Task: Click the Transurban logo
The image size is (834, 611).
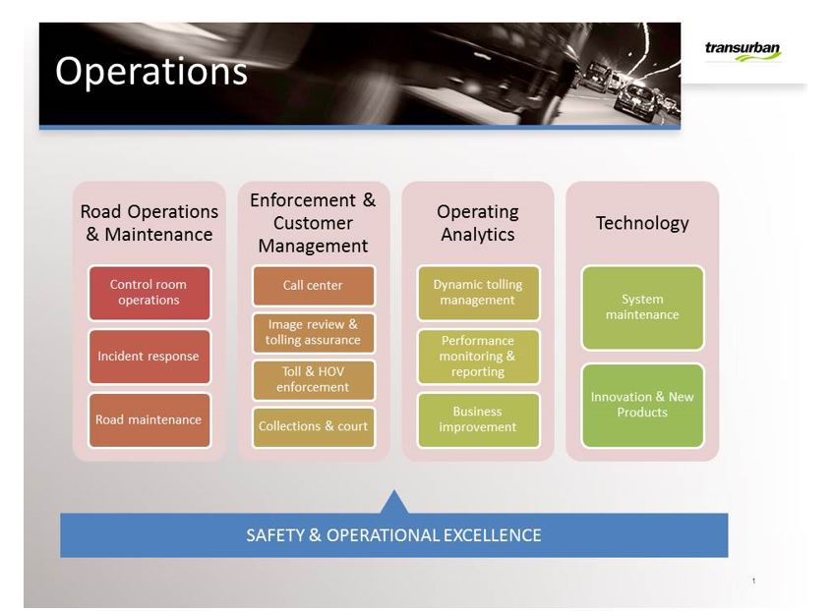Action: pos(743,51)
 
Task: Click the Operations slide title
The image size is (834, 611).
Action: pos(151,72)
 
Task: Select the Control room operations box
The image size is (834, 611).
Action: pos(149,293)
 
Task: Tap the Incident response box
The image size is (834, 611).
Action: pos(149,357)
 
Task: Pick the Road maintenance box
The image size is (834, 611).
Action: pos(149,419)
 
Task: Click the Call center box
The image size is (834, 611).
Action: pos(314,286)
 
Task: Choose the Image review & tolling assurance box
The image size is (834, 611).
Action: pos(314,333)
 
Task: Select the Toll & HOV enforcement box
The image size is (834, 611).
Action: pos(314,379)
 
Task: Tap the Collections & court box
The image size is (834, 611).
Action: pos(314,426)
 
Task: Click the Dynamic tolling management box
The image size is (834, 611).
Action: pos(478,293)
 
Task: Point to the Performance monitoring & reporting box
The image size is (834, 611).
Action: pos(478,357)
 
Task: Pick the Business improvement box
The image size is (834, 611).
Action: pos(478,419)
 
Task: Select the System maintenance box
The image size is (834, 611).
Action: pos(642,307)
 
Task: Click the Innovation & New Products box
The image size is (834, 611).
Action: pos(642,406)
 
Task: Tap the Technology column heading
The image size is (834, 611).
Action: pos(642,224)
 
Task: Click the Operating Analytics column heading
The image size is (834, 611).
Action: pos(478,223)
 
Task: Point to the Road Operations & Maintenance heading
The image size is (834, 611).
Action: pos(149,223)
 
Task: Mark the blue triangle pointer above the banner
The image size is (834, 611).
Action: pos(394,502)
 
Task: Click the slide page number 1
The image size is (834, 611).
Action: pos(753,581)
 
